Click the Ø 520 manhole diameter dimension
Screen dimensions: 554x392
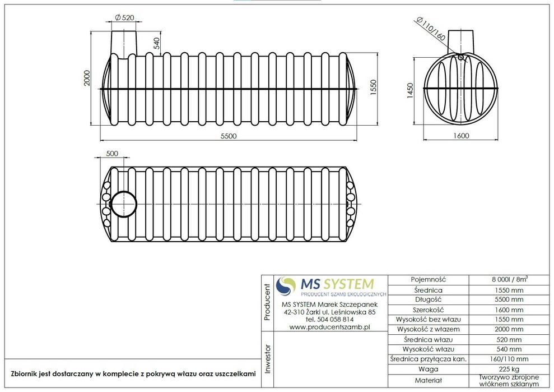pyautogui.click(x=125, y=17)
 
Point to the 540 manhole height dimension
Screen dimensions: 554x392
pyautogui.click(x=156, y=43)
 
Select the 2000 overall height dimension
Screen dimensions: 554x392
pyautogui.click(x=87, y=78)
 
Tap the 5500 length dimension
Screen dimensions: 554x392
pyautogui.click(x=229, y=136)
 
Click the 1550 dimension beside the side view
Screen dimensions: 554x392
pyautogui.click(x=374, y=87)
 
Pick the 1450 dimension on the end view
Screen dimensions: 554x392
pyautogui.click(x=410, y=91)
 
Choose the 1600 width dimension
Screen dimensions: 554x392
pyautogui.click(x=460, y=136)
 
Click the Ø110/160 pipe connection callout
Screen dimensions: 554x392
pyautogui.click(x=431, y=28)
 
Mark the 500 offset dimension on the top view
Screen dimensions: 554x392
pyautogui.click(x=112, y=154)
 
